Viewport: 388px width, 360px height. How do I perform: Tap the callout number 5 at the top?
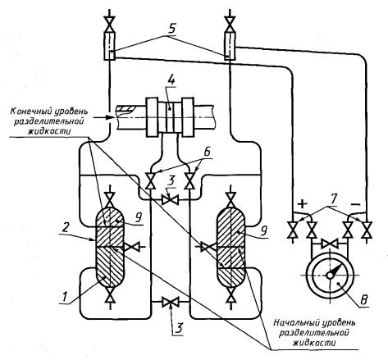[x=171, y=30]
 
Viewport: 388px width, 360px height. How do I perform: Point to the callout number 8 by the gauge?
[x=364, y=300]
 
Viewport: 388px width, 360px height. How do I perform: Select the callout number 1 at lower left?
[x=65, y=297]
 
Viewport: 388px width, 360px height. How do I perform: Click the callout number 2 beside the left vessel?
[x=65, y=227]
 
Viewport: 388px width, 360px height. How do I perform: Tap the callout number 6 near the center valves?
[x=207, y=152]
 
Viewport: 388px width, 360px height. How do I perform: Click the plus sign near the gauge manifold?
[x=302, y=203]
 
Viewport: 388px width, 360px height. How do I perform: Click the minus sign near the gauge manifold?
[x=355, y=204]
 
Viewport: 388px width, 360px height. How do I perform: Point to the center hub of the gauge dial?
[x=330, y=276]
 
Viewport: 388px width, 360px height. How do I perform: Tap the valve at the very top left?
[x=110, y=24]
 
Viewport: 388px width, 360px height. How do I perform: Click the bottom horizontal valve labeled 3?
[x=170, y=302]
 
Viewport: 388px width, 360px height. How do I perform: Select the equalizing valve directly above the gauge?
[x=330, y=243]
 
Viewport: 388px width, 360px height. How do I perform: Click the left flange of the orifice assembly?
[x=152, y=116]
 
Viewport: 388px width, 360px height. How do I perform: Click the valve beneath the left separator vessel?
[x=110, y=294]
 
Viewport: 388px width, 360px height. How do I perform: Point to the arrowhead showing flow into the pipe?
[x=110, y=117]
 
